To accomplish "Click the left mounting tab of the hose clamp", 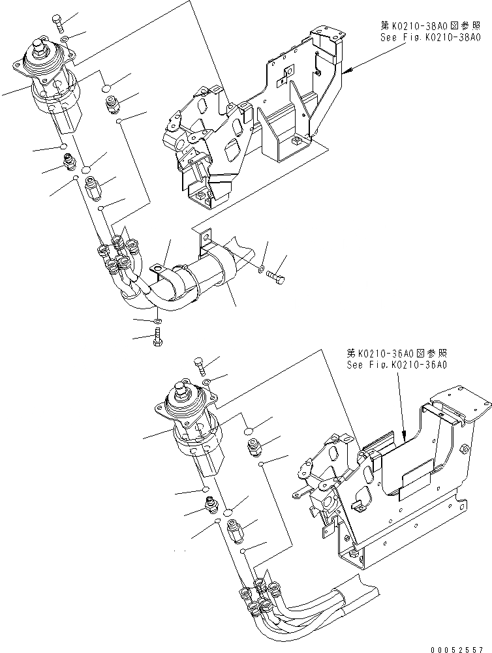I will [158, 267].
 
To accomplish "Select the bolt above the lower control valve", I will [198, 365].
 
